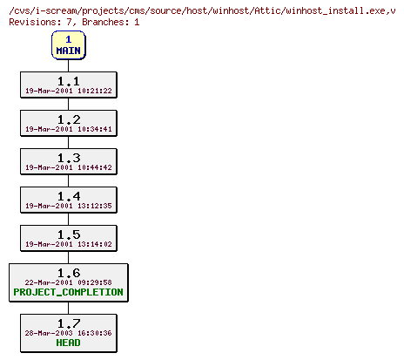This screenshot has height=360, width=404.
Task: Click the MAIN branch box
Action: pyautogui.click(x=68, y=45)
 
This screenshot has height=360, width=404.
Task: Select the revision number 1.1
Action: pyautogui.click(x=68, y=80)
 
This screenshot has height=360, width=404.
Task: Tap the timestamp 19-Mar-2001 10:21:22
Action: pyautogui.click(x=69, y=91)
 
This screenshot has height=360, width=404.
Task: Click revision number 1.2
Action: pyautogui.click(x=68, y=119)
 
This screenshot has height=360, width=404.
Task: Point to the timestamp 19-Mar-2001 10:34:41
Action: pyautogui.click(x=69, y=129)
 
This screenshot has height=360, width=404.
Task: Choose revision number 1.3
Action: pyautogui.click(x=68, y=158)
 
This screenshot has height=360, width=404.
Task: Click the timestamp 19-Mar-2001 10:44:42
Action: pyautogui.click(x=69, y=167)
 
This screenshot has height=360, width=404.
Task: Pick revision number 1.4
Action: pyautogui.click(x=68, y=196)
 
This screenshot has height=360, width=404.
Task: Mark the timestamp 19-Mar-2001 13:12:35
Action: pyautogui.click(x=69, y=206)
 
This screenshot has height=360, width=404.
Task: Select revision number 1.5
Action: pyautogui.click(x=68, y=234)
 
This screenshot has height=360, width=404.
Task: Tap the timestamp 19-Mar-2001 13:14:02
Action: pyautogui.click(x=69, y=244)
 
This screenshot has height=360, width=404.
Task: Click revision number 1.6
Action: pyautogui.click(x=68, y=273)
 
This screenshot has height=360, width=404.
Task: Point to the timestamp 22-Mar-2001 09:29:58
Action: pyautogui.click(x=69, y=282)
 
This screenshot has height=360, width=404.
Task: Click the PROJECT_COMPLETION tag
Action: pyautogui.click(x=69, y=293)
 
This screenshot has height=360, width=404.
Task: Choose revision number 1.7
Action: pyautogui.click(x=68, y=323)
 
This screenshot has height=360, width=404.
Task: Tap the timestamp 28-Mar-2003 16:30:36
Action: pyautogui.click(x=69, y=333)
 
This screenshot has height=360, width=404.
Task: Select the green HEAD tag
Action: pyautogui.click(x=68, y=343)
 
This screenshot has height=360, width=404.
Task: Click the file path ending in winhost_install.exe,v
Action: pyautogui.click(x=202, y=10)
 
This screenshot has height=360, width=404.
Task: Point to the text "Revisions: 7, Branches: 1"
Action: pyautogui.click(x=74, y=22)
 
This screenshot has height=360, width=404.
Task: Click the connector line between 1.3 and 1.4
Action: pyautogui.click(x=68, y=180)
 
